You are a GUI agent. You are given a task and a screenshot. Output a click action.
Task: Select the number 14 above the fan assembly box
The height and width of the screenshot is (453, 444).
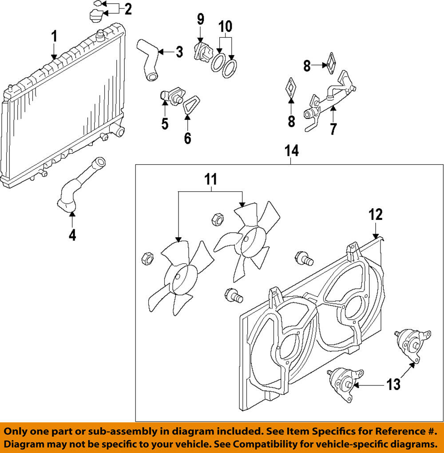[291, 151]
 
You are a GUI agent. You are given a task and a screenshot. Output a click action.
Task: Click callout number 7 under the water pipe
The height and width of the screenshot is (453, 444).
[333, 129]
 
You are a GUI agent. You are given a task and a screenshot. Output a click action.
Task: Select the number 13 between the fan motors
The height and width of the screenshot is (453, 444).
[393, 384]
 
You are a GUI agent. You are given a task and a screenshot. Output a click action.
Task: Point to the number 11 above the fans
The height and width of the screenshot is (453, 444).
[211, 179]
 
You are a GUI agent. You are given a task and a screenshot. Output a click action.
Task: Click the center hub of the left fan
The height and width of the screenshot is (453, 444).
[178, 278]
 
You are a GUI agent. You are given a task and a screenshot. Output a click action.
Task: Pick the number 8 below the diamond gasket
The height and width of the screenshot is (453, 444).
[291, 121]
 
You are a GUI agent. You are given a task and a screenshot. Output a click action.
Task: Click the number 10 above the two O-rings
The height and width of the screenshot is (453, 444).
[225, 27]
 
